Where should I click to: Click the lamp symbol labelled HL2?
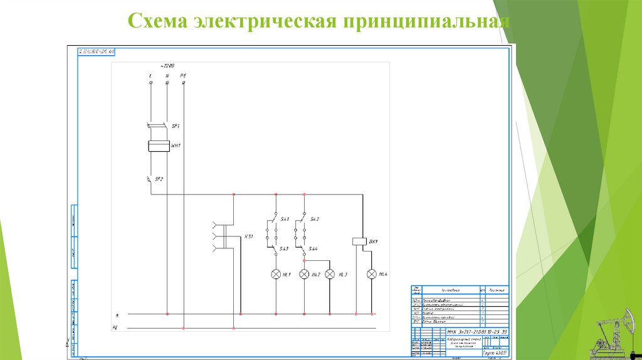304,274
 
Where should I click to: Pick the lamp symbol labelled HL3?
330,274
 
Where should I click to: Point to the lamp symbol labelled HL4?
371,274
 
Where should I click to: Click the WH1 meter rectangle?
159,146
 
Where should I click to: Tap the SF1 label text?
176,126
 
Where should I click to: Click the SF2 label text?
159,179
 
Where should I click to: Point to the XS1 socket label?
248,237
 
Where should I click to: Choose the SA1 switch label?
285,219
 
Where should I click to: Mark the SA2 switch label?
315,219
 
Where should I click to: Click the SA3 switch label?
284,249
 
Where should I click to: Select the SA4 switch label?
313,249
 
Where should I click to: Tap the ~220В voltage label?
167,66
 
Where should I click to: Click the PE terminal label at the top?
183,76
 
